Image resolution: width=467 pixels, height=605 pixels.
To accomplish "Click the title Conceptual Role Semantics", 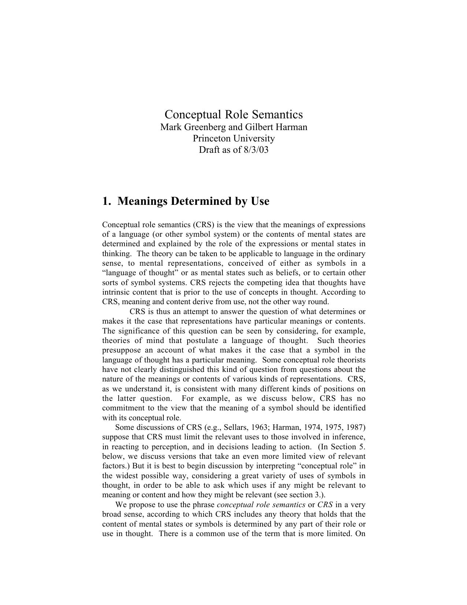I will tap(233, 114).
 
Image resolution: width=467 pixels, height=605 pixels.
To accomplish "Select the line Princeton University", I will tap(233, 139).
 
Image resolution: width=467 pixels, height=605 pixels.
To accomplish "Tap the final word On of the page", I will tap(360, 534).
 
